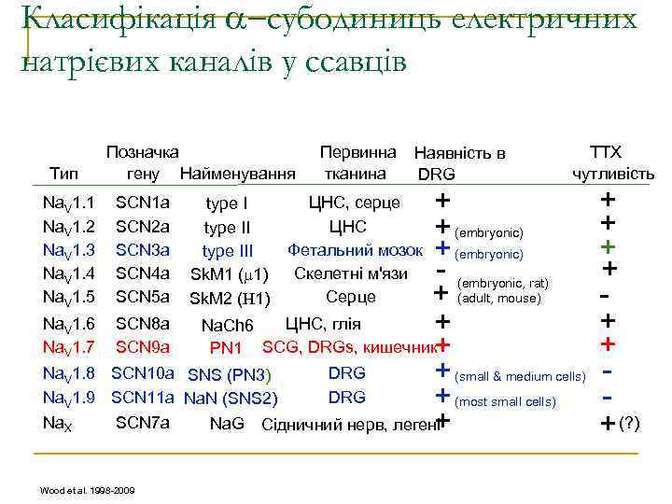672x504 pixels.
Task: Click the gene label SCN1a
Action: click(x=142, y=203)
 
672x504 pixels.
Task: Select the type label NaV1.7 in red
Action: click(x=69, y=348)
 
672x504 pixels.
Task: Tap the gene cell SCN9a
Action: click(x=142, y=348)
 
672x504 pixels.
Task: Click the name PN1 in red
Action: click(x=227, y=349)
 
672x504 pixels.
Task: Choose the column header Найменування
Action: click(x=238, y=174)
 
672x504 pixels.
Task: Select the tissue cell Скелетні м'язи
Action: click(x=351, y=273)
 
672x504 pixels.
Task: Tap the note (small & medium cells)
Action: click(x=520, y=377)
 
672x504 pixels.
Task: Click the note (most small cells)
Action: click(x=505, y=401)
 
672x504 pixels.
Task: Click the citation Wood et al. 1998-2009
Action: click(x=87, y=489)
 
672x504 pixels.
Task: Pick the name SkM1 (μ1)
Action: click(x=230, y=274)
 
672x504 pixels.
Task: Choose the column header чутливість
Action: click(x=613, y=174)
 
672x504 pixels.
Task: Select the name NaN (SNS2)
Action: click(x=230, y=399)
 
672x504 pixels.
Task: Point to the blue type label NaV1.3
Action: click(x=69, y=249)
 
